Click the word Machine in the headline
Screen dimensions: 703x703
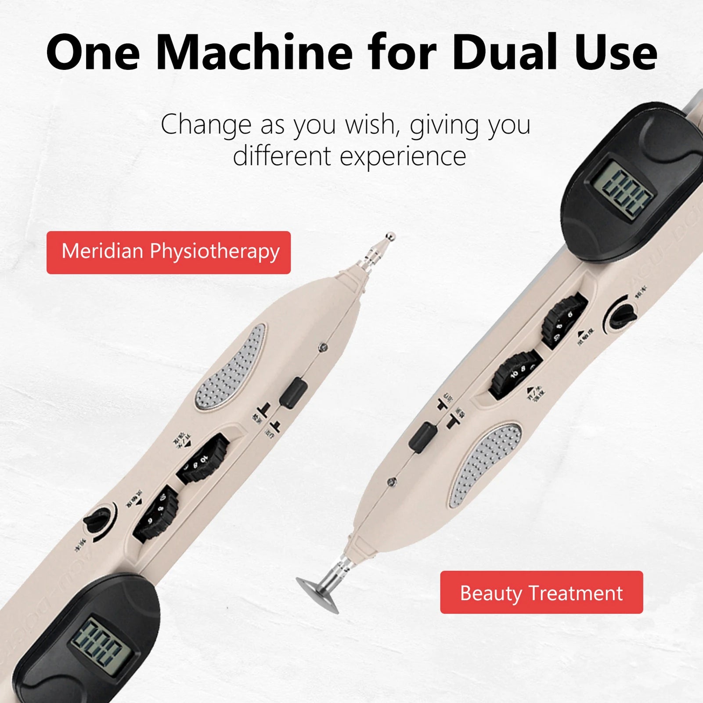tap(254, 53)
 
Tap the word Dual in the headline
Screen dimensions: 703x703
tap(505, 53)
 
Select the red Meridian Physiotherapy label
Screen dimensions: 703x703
tap(169, 252)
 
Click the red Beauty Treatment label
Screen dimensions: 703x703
tap(541, 592)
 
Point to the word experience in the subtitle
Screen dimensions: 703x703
tap(403, 157)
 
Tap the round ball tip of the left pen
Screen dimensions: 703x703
tap(389, 238)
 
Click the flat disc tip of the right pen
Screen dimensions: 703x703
tap(317, 595)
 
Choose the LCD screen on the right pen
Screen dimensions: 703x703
tap(621, 191)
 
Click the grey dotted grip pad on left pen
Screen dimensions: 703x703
tap(231, 367)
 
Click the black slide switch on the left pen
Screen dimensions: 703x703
tap(293, 393)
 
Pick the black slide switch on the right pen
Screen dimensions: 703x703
tap(422, 437)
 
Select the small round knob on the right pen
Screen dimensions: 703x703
tap(620, 315)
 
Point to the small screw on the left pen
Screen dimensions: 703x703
tap(324, 348)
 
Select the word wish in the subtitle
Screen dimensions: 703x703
tap(372, 125)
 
